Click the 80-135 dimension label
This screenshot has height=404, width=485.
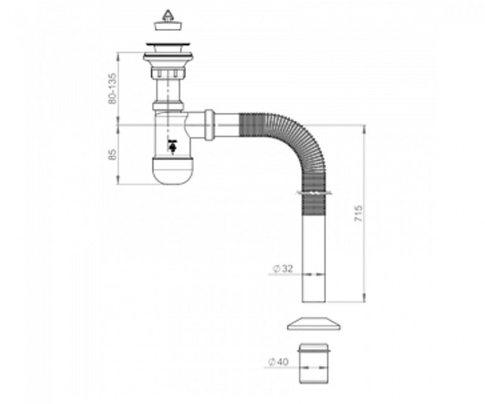[x=113, y=88]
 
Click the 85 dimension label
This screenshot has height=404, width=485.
[x=113, y=155]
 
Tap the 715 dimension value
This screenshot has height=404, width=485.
[x=358, y=213]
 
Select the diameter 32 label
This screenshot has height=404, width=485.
[x=282, y=269]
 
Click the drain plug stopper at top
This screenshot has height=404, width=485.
[x=167, y=21]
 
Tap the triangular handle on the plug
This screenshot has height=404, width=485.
[x=167, y=15]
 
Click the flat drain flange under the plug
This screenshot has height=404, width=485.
[x=169, y=45]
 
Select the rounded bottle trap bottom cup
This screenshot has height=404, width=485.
[x=173, y=171]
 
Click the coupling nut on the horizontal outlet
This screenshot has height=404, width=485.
[x=210, y=124]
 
